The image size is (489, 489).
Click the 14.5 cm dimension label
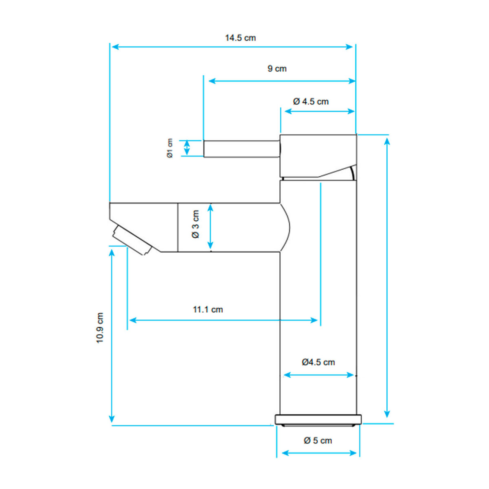click(x=240, y=38)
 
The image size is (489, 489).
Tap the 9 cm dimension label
click(x=277, y=68)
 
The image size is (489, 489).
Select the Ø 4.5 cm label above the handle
click(x=311, y=101)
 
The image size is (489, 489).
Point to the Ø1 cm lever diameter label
click(x=170, y=148)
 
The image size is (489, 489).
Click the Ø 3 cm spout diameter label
click(x=195, y=224)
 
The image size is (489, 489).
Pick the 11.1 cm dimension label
click(x=208, y=309)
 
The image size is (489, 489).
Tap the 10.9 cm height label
click(x=100, y=328)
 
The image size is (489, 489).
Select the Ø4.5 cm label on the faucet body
click(x=318, y=362)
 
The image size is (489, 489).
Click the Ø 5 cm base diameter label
click(x=318, y=440)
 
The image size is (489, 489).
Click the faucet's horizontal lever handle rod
click(x=242, y=149)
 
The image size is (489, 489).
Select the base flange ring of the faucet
click(x=318, y=420)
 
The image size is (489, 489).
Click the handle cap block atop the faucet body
click(x=318, y=156)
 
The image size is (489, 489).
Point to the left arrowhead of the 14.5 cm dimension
click(x=115, y=47)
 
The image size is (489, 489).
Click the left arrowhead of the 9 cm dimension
click(x=212, y=81)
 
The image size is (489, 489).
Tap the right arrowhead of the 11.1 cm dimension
click(x=314, y=320)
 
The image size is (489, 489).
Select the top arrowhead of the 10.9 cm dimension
click(x=112, y=253)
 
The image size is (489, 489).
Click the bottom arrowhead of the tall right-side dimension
click(x=387, y=414)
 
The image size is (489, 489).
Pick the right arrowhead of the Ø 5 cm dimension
click(x=353, y=453)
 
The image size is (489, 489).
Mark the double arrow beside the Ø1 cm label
click(x=187, y=148)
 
